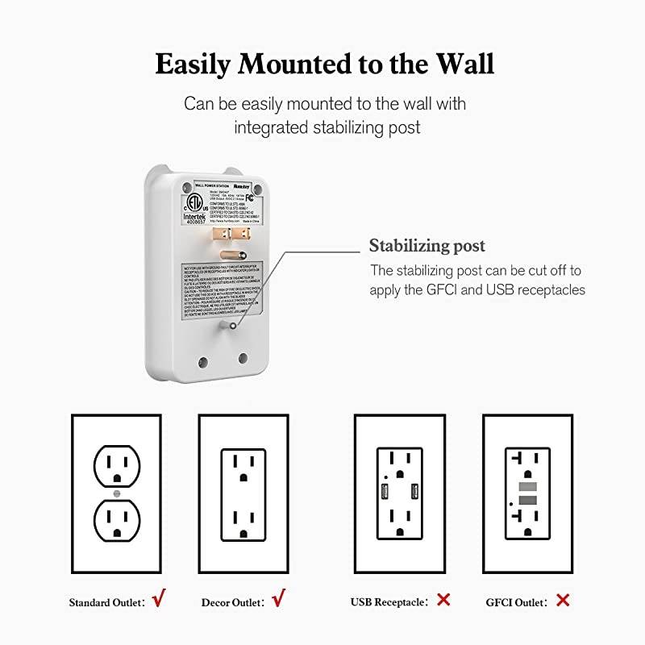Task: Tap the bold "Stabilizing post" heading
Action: tap(427, 245)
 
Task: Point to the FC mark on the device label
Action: tap(251, 195)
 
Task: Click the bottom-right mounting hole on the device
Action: tap(242, 356)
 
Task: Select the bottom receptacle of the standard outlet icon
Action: tap(117, 520)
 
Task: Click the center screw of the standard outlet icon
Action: tap(117, 493)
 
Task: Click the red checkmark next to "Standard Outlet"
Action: tap(160, 599)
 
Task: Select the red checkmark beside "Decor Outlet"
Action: tap(279, 599)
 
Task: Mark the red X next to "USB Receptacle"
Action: tap(443, 600)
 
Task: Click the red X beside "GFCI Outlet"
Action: tap(562, 600)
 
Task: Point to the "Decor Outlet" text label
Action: tap(232, 601)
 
